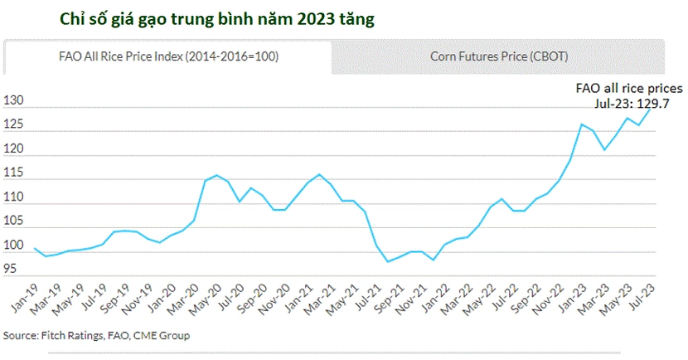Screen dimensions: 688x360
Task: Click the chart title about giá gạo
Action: pos(217,20)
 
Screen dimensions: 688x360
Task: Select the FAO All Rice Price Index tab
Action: pos(168,56)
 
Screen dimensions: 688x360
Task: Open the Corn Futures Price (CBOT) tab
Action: pos(499,56)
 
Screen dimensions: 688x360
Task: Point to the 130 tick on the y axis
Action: pos(13,100)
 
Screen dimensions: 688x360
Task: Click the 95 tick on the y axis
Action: pos(10,268)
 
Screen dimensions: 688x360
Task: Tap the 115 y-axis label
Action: pos(13,173)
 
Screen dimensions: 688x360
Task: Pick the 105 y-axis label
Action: pos(13,221)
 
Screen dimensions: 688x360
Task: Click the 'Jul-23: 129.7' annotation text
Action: pos(632,104)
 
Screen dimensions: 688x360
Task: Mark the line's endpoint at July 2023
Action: pos(650,109)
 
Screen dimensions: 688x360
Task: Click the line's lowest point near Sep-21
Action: pos(388,261)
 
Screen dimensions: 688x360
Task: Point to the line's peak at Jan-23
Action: pos(582,124)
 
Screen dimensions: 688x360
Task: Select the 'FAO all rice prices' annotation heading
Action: pos(629,89)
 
